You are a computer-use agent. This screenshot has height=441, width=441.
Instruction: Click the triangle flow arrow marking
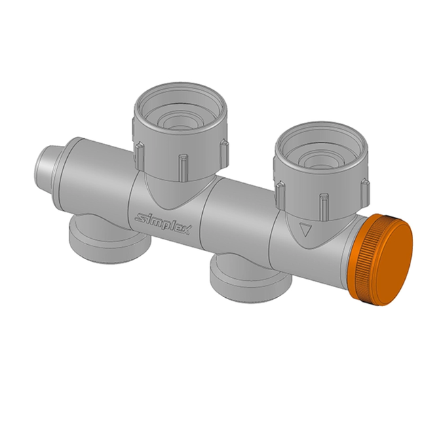coord(305,229)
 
